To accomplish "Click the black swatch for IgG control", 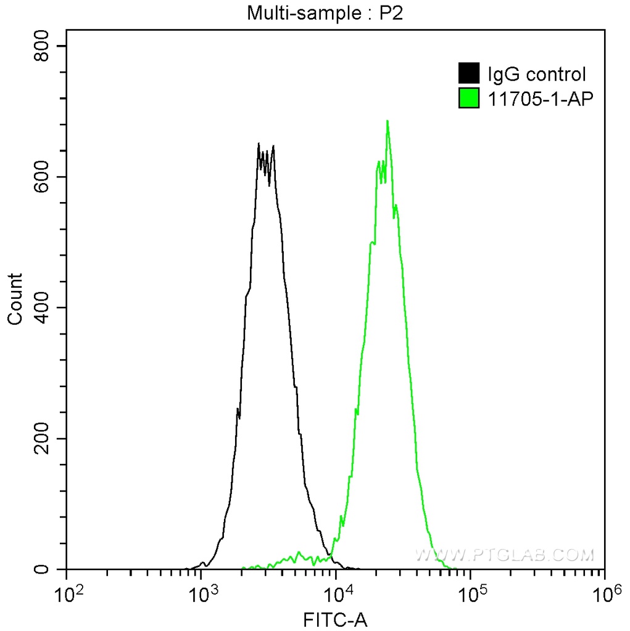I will [469, 75].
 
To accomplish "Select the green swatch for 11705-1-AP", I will [469, 97].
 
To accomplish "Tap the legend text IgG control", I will [536, 75].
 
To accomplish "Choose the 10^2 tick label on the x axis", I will [72, 596].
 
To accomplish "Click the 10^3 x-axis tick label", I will [207, 596].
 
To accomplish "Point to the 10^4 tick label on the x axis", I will [341, 596].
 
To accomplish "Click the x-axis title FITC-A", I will [336, 619].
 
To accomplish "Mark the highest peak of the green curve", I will [387, 121].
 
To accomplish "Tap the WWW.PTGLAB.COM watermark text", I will [504, 555].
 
